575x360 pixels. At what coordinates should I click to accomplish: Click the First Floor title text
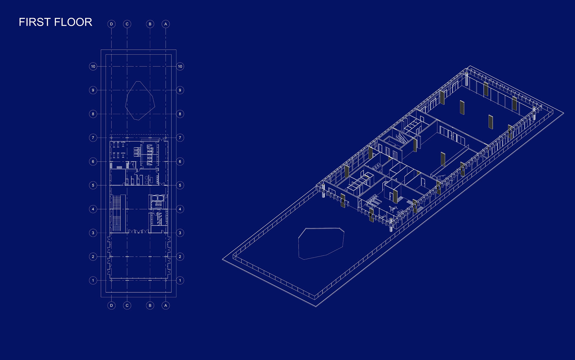click(55, 22)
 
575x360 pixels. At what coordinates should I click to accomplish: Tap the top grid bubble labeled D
click(111, 24)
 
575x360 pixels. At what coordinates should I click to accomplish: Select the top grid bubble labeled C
click(127, 24)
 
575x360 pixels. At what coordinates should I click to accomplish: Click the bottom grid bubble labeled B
click(150, 306)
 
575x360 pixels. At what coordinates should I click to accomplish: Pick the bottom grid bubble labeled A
click(166, 306)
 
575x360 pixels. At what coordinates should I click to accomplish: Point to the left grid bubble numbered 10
click(93, 66)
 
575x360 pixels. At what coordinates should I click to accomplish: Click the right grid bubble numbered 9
click(180, 90)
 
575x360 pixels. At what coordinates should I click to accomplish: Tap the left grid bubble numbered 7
click(93, 138)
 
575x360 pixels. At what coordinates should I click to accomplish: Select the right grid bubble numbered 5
click(180, 185)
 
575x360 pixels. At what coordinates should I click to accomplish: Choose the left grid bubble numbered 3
click(93, 233)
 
